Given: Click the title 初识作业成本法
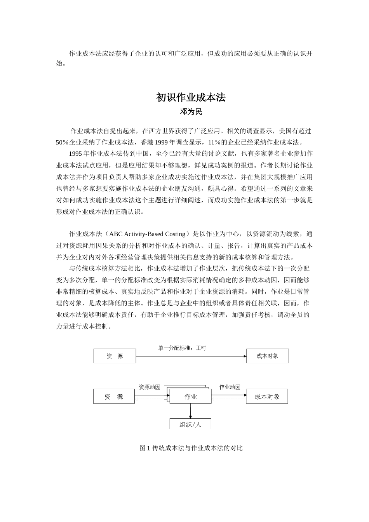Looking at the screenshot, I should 191,97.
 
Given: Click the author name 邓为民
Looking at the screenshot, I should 191,112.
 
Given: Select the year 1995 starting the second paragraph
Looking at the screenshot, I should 75,154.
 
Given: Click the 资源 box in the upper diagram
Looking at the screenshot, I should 115,356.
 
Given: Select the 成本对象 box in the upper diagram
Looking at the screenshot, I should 267,356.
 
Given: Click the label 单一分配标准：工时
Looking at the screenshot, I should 182,348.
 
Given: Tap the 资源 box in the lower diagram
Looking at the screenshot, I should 114,397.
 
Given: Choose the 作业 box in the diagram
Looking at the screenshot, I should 190,397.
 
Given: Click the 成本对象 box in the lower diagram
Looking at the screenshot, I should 267,397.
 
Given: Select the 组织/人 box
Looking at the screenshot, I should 190,424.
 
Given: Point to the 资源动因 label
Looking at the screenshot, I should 150,387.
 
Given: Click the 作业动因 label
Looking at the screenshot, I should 230,387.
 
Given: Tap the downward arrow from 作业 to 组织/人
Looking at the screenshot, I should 190,411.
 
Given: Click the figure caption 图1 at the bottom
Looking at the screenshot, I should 144,448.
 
